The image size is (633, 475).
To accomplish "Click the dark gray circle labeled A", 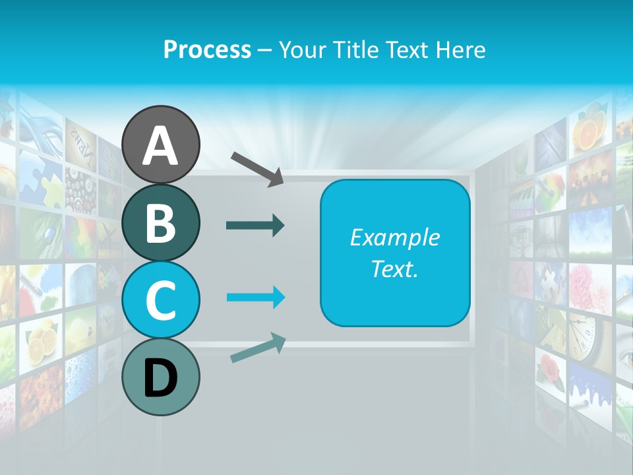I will pos(160,145).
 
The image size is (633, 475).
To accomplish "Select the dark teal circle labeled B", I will pos(160,223).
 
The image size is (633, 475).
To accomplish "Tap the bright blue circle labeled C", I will pos(160,300).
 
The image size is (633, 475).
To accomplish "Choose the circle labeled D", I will pos(160,377).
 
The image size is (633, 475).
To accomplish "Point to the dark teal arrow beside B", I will pos(255,226).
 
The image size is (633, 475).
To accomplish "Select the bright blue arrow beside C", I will pos(255,297).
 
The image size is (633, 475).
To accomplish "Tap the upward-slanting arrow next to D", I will pos(258,348).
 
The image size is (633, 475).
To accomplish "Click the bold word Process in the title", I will pos(207,49).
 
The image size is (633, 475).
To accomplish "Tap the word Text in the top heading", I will pos(409,49).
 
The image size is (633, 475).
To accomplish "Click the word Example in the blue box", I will pos(394,237).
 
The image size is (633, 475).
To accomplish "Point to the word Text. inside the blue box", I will pos(394,269).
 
